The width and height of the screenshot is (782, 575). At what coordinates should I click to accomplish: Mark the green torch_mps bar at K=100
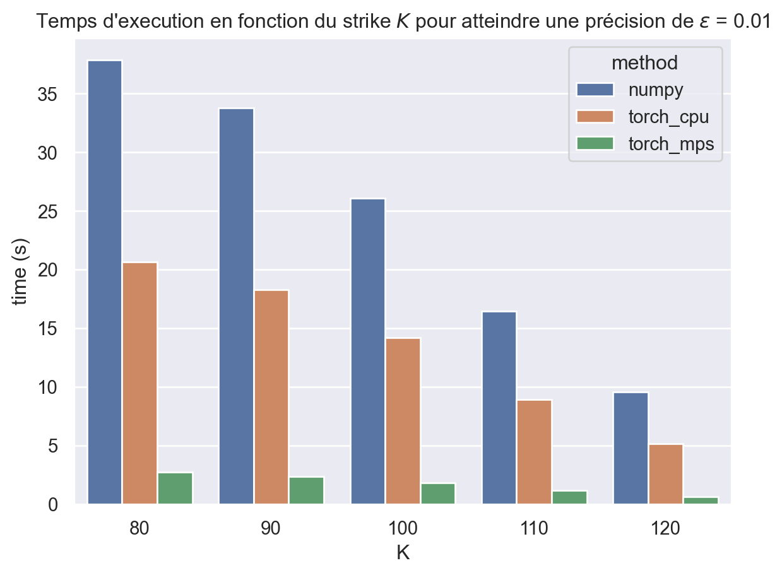tap(437, 494)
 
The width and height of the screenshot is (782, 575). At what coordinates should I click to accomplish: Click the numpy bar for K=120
tap(630, 448)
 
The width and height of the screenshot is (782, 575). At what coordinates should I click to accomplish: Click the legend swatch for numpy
tap(595, 90)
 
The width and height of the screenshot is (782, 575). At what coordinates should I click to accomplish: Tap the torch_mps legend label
tap(671, 144)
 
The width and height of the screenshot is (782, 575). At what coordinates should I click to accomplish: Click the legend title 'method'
tap(645, 62)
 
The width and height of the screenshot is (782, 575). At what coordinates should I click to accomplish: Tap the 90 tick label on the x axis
tap(271, 528)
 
